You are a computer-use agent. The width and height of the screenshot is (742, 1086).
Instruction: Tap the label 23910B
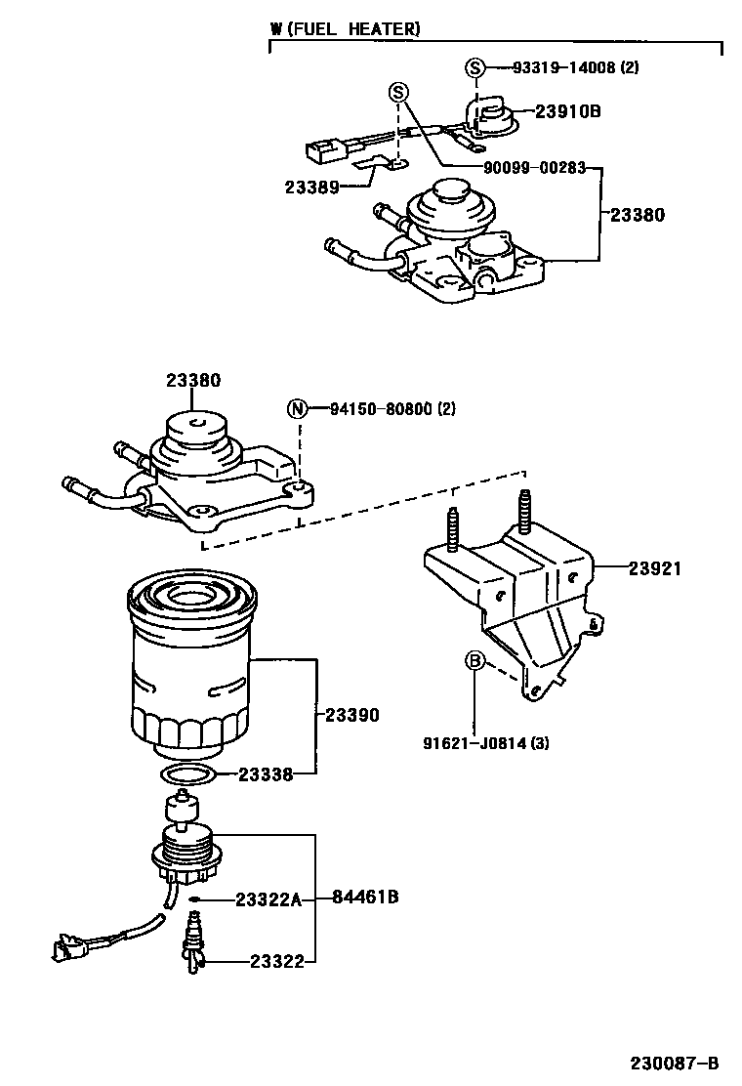click(567, 111)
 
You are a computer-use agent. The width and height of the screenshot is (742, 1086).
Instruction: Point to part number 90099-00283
click(534, 167)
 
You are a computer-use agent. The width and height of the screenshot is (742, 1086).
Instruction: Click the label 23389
click(312, 187)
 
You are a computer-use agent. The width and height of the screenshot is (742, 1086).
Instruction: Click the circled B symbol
click(474, 662)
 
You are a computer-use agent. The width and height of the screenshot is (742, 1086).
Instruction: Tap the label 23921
click(654, 567)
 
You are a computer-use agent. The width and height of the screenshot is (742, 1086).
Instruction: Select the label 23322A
click(269, 898)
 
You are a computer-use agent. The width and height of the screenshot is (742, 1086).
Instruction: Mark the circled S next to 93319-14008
click(474, 67)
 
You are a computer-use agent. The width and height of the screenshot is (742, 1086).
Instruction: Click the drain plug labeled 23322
click(193, 942)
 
